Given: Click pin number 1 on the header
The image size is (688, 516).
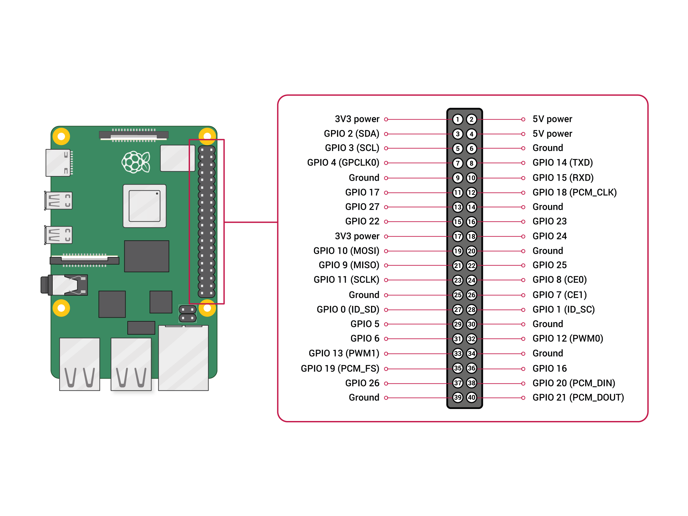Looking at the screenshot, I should coord(458,119).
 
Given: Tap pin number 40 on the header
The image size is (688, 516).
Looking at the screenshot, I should coord(471,397).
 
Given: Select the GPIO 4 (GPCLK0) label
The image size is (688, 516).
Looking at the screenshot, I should coord(343,163).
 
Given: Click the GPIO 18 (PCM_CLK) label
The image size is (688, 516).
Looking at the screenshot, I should coord(574,192).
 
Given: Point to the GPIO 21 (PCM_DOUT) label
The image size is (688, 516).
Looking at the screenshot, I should coord(578,397).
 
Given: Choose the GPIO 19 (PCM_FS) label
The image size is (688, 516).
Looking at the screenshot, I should coord(340,368).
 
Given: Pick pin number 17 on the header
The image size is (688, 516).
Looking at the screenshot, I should coord(458,236).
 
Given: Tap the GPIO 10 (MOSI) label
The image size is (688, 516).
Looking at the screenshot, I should coord(346,251).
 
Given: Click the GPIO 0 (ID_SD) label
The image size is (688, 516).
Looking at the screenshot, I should coord(348,309).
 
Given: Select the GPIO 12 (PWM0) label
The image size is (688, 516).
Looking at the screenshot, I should coord(568,338).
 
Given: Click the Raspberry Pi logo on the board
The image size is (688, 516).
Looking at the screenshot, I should coord(136,162).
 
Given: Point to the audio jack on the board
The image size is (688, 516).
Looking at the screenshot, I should coord(65,285).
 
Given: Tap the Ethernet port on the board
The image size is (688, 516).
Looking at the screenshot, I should coord(183,357).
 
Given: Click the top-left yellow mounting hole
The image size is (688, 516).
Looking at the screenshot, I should coord(61,136).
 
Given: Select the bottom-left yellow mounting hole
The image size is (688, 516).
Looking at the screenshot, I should coord(61,308).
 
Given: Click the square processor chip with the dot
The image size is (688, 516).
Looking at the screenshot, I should coord(144,206).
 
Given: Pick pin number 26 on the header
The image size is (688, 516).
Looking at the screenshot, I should coord(471,295).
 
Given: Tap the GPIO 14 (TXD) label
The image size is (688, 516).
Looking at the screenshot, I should coord(563,163).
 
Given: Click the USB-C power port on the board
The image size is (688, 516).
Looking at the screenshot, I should coord(59,163).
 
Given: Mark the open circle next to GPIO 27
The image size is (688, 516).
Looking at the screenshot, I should coord(386,207).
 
